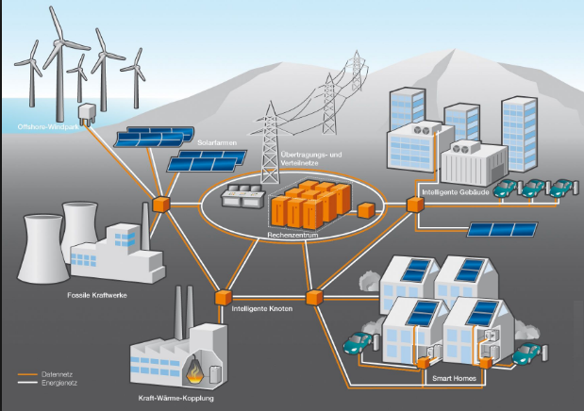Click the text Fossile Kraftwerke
click(96, 296)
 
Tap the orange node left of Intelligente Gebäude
click(413, 204)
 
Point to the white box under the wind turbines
click(88, 114)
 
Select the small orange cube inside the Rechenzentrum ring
click(362, 209)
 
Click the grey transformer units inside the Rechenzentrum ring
click(241, 197)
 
